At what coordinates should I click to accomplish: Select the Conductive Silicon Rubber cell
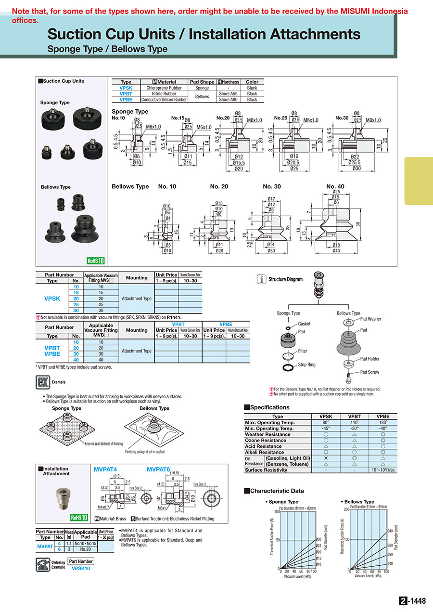click(164, 100)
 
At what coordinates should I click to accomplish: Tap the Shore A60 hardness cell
click(228, 100)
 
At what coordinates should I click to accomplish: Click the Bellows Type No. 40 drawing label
click(335, 186)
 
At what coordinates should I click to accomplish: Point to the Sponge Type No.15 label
click(178, 118)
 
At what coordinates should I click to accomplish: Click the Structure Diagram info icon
click(261, 279)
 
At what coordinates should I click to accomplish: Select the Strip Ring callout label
click(306, 365)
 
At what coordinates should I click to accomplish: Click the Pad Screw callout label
click(369, 372)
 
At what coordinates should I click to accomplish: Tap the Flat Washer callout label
click(370, 319)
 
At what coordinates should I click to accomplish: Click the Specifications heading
click(269, 407)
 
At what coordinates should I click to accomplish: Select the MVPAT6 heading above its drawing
click(158, 469)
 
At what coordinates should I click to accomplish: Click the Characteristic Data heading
click(277, 491)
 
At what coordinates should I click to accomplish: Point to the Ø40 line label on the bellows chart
click(390, 531)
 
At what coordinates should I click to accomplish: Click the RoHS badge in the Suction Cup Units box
click(95, 261)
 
